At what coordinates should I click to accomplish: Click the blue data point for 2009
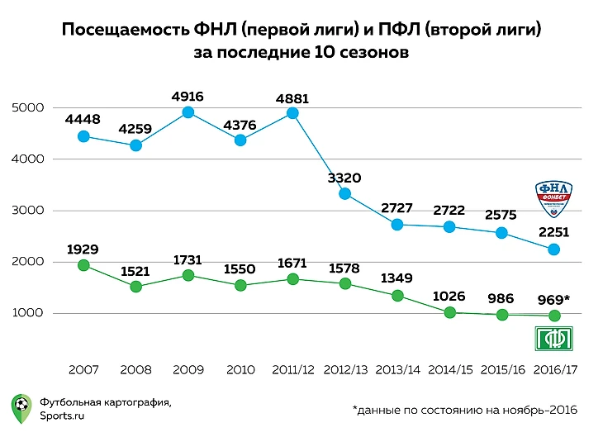tap(188, 112)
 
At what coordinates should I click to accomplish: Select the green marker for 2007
tap(83, 265)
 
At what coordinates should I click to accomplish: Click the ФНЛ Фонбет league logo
tap(554, 199)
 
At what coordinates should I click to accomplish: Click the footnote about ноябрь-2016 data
tap(463, 410)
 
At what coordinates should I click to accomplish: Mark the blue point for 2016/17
tap(554, 249)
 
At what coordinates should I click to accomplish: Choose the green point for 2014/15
tap(450, 312)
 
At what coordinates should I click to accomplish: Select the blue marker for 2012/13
tap(345, 194)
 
